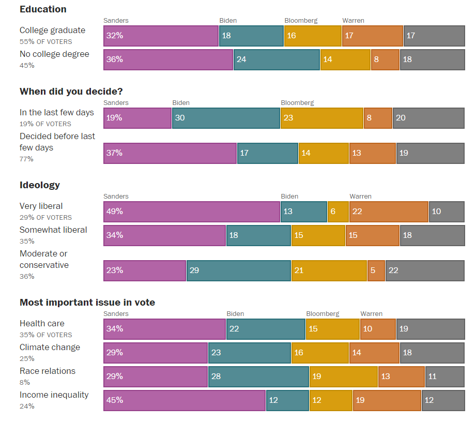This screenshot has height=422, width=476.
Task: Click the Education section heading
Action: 43,9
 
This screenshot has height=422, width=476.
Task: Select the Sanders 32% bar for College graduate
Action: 161,36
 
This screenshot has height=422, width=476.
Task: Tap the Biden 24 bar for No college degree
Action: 277,59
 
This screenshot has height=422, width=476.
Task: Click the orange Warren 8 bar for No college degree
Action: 385,59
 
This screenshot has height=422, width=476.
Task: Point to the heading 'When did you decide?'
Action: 71,92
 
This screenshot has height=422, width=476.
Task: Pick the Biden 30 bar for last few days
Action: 226,118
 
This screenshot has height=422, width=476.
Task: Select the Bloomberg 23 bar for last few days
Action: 322,118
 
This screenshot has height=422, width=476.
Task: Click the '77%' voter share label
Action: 26,159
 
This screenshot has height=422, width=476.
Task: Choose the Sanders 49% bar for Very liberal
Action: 192,212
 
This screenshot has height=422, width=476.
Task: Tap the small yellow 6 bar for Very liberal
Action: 338,212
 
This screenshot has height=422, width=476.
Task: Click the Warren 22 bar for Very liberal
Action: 389,212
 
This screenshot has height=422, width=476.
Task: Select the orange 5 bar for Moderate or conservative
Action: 376,270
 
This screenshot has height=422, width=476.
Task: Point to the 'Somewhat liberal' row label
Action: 53,230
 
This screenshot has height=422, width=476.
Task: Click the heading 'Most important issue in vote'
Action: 87,303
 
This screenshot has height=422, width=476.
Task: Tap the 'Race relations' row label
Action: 48,371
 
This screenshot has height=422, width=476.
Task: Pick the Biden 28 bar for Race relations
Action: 258,376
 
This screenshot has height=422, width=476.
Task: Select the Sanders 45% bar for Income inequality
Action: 185,400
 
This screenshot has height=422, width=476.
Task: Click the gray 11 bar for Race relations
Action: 444,376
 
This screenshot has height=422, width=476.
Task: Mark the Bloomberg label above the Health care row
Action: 323,314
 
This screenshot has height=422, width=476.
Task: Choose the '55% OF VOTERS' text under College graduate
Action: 46,42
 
